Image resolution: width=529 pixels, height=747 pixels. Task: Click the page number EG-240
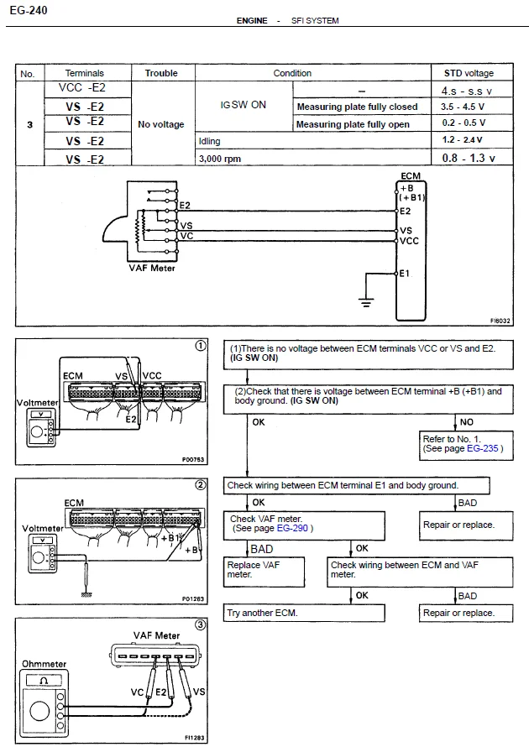coord(29,10)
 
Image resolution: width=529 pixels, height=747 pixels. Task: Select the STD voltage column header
coord(469,73)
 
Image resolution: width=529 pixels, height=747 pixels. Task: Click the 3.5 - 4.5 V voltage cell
coord(463,107)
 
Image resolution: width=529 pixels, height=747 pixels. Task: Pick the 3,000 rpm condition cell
coord(220,159)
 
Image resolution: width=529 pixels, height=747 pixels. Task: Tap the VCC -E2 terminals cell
coord(82,87)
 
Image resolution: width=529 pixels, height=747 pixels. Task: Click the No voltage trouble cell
coord(161,124)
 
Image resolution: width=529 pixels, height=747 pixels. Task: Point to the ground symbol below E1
coord(366,302)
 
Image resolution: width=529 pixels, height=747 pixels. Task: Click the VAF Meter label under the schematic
coord(151,269)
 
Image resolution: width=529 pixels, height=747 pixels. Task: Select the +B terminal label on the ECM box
coord(406,188)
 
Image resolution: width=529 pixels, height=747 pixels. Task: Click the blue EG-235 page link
coord(482,448)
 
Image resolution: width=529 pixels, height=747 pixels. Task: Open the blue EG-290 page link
coord(292,528)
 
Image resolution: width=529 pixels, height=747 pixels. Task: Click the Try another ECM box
coord(304,613)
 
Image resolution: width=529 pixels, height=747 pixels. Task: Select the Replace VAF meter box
coord(264,572)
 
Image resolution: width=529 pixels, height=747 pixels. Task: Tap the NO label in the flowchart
coord(467,422)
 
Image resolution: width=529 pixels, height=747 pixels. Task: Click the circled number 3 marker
coord(200,624)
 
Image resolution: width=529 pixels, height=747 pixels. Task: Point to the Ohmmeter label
coord(45,664)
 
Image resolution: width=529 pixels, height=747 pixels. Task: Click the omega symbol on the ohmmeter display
coord(44,681)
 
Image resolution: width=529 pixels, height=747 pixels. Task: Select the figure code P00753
coord(192,460)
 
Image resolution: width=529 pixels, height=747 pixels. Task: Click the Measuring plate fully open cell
coord(353,124)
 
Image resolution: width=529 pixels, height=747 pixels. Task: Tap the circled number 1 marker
coord(201,346)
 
